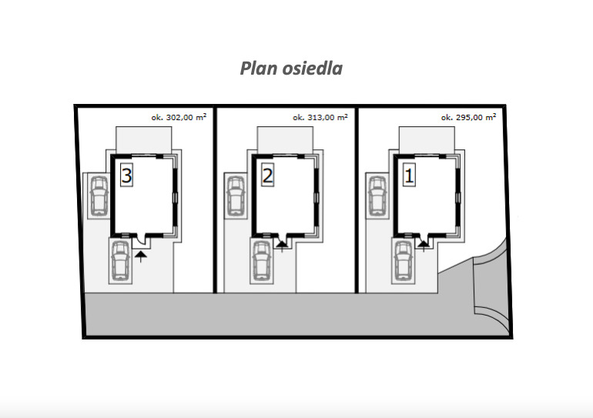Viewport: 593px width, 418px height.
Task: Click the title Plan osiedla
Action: tap(291, 69)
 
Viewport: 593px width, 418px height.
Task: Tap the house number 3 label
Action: tap(126, 175)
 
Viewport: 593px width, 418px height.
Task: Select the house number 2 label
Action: tap(268, 175)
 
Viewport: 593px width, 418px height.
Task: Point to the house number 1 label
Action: tap(409, 175)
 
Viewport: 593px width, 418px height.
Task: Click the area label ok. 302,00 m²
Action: tap(179, 117)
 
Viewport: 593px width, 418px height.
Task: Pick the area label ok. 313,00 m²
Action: tap(320, 117)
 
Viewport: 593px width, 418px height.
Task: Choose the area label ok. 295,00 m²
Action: tap(468, 117)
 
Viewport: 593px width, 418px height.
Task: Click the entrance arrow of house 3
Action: tap(141, 256)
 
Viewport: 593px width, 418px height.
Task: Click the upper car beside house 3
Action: tap(99, 196)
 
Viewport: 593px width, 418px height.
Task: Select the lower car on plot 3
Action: tap(120, 260)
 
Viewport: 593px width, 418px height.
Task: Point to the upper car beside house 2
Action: tap(236, 196)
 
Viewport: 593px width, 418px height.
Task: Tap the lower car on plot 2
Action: tap(262, 260)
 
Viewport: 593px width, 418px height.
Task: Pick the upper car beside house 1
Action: tap(377, 196)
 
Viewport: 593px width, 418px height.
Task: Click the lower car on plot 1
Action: tap(403, 260)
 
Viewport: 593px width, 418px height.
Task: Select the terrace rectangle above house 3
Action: tap(144, 140)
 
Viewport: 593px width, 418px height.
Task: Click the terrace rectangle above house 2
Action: tap(285, 140)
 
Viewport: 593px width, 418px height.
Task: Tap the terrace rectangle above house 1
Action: tap(427, 140)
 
